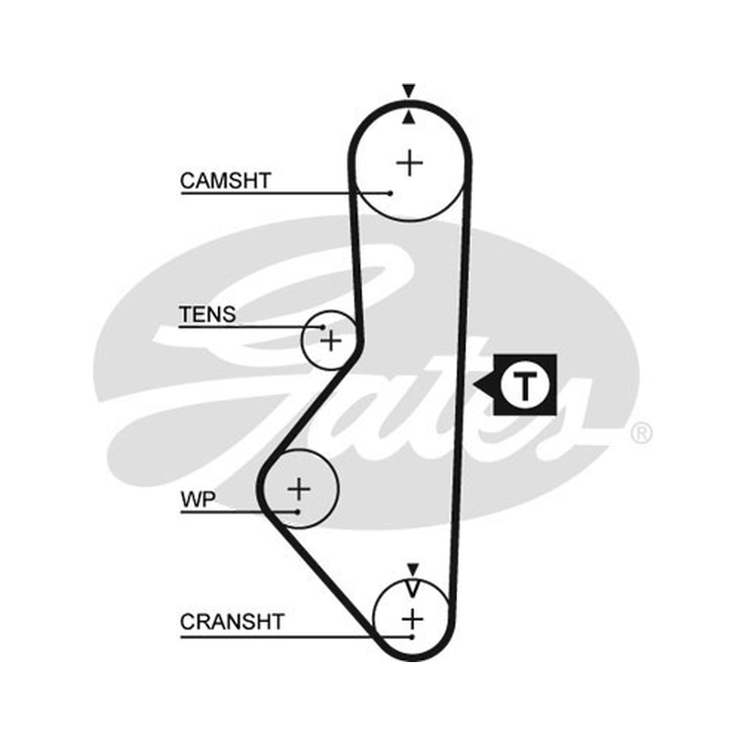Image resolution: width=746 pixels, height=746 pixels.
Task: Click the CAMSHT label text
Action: (x=226, y=181)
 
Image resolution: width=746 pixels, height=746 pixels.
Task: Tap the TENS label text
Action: (x=207, y=314)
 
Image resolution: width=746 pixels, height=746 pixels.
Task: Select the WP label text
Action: (x=198, y=500)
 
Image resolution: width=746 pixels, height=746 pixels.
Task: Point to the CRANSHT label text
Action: (x=232, y=622)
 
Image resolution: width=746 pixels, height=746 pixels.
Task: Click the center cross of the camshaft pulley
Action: (x=409, y=163)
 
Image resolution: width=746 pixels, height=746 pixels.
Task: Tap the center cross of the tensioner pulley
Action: (x=331, y=340)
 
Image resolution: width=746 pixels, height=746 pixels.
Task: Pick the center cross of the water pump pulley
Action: (x=299, y=489)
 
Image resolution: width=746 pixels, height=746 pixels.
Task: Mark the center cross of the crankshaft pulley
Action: (x=412, y=619)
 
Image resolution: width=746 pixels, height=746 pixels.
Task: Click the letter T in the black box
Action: (x=525, y=385)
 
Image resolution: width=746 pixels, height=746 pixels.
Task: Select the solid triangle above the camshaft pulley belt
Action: (x=408, y=90)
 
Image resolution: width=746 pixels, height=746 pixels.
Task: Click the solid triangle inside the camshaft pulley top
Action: (x=408, y=118)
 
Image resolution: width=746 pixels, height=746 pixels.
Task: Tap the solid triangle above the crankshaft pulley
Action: (x=412, y=569)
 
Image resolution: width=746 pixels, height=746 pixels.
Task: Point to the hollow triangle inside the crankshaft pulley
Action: (x=412, y=588)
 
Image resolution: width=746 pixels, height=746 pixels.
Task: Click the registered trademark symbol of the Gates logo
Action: (x=641, y=434)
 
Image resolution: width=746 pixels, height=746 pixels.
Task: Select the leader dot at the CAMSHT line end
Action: (x=390, y=193)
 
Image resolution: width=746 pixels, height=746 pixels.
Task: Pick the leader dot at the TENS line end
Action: (x=323, y=327)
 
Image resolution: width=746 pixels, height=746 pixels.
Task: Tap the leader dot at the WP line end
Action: (x=297, y=512)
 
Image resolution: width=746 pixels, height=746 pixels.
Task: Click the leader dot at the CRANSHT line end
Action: (x=412, y=637)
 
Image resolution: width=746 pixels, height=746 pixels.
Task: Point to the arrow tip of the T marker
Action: (x=474, y=384)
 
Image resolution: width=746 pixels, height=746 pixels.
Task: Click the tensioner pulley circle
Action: (x=301, y=339)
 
